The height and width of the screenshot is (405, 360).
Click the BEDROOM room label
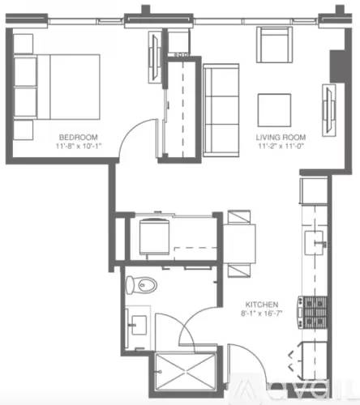[x=77, y=137]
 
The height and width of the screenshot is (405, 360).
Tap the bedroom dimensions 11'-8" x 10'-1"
[x=77, y=147]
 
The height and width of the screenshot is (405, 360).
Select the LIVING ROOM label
[x=279, y=137]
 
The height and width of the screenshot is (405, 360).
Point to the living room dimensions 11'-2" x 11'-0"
[x=279, y=147]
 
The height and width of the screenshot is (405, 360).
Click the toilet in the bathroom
[x=144, y=285]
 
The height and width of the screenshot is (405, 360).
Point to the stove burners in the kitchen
[x=312, y=312]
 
